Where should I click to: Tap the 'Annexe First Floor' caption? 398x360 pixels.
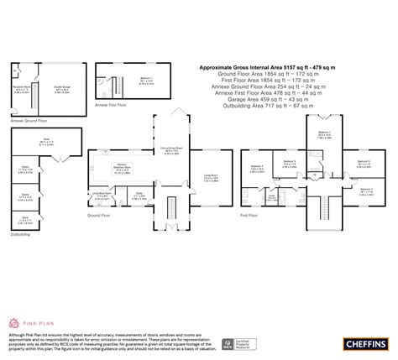click(111, 105)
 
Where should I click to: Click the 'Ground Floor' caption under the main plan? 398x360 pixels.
click(100, 215)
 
